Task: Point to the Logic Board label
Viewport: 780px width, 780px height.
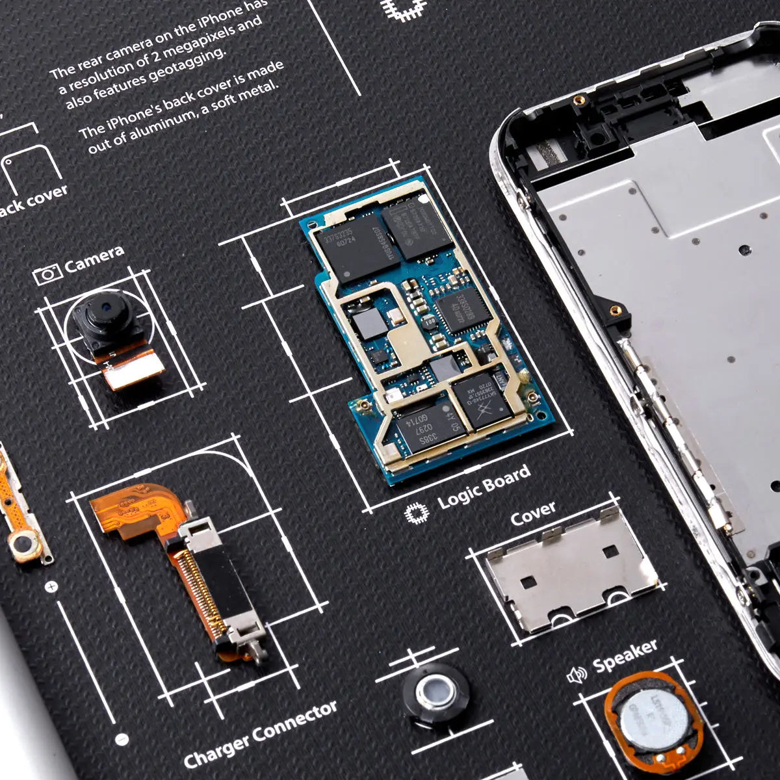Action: click(x=484, y=486)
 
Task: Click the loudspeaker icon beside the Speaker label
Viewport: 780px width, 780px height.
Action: click(x=577, y=675)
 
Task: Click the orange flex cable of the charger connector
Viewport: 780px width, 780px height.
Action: click(x=130, y=513)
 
